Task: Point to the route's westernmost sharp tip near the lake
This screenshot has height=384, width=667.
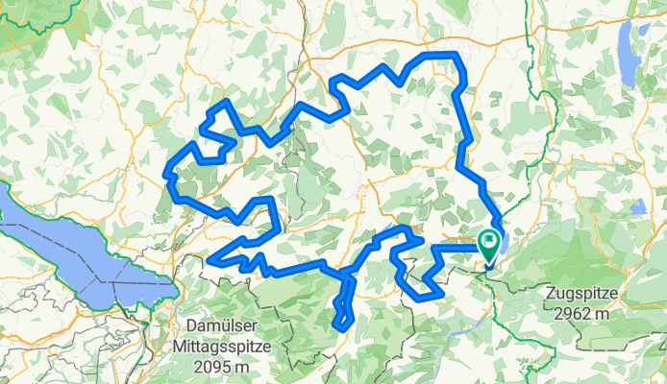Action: (209, 259)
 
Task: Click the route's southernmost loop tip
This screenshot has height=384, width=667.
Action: (339, 328)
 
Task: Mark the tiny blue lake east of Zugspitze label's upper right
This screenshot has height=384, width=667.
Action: (638, 205)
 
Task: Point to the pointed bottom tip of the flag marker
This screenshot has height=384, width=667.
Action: (489, 264)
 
